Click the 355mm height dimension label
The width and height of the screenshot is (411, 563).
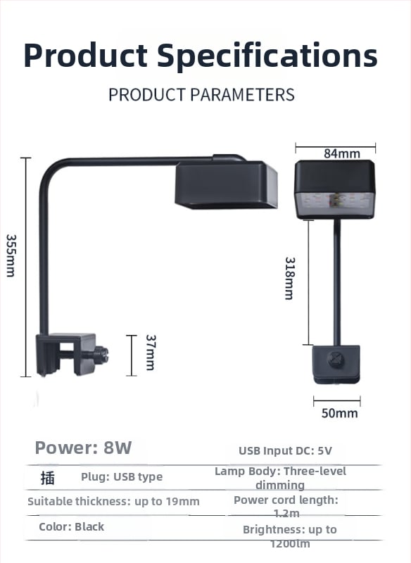11,255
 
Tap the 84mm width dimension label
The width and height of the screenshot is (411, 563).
342,153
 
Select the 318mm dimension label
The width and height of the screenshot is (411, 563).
290,278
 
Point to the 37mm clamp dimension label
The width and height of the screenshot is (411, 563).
151,353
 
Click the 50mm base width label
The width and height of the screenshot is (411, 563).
340,413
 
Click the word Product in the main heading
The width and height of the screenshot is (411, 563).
85,56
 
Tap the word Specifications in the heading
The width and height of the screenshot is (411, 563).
267,56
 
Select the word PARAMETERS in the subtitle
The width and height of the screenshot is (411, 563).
242,95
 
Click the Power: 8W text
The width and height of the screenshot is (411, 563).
83,448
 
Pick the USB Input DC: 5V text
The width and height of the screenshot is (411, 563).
285,450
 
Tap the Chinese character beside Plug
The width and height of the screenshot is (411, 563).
47,479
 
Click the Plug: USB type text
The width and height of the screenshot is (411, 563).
122,477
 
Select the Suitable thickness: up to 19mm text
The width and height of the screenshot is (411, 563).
113,501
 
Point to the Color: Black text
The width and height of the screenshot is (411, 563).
71,526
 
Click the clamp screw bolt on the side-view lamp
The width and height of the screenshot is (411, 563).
101,355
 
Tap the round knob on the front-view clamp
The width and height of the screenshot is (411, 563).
336,360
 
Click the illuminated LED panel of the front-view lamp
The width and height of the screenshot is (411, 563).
334,203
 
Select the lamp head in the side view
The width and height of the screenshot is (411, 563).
226,184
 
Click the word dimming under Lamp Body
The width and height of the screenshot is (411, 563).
280,485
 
